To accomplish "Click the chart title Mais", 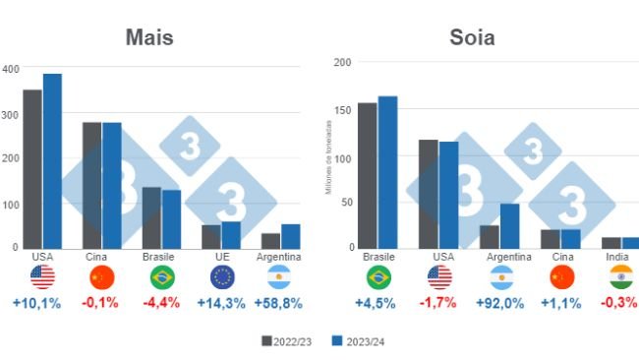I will [149, 38].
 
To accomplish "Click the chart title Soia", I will [472, 38].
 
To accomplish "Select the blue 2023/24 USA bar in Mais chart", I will [52, 161].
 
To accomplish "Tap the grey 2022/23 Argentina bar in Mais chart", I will [270, 241].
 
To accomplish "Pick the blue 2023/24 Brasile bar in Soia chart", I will [387, 172].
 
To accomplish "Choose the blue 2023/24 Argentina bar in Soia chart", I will [509, 226].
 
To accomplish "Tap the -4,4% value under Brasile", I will [161, 304].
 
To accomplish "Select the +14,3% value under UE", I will [220, 304].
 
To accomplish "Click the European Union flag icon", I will [221, 277].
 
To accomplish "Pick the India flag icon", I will [619, 277].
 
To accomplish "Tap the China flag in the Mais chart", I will [101, 277].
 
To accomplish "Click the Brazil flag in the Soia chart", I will [378, 277].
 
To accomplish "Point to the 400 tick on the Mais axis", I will [10, 69].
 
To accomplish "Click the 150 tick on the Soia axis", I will [342, 110].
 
